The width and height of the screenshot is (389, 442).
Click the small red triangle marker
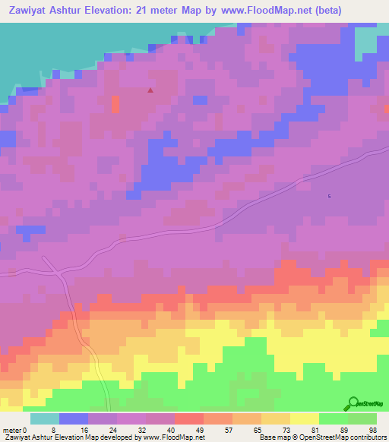[150, 90]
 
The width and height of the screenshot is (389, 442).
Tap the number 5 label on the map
[329, 197]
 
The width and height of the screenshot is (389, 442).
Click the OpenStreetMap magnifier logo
[353, 403]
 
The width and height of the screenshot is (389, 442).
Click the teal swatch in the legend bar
[45, 418]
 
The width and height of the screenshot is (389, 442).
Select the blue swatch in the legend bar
[74, 418]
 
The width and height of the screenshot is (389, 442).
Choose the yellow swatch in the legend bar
[305, 418]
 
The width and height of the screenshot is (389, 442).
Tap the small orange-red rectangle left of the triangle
[115, 104]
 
